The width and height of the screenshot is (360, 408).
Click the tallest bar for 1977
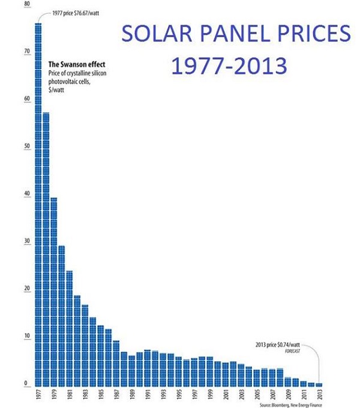(38, 204)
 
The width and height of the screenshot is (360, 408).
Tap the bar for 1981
(70, 328)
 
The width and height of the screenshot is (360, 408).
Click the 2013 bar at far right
(319, 384)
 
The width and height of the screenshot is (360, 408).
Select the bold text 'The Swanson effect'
(76, 64)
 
